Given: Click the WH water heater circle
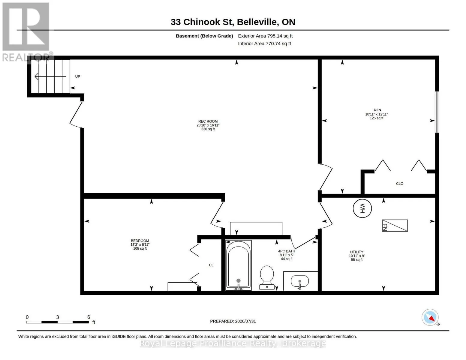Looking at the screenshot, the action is click(x=362, y=208).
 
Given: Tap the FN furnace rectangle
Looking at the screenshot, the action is click(x=395, y=225).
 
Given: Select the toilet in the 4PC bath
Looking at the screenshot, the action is click(x=267, y=278).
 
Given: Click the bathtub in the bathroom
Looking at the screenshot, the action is click(x=238, y=265).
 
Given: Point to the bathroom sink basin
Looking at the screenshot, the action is click(x=299, y=281).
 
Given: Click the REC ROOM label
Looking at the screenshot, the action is click(x=208, y=121).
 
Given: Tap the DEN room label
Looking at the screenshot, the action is click(x=377, y=110).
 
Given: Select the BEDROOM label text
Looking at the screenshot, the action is click(x=140, y=241).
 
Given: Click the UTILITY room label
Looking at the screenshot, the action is click(x=357, y=252).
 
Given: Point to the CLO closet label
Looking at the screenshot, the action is click(x=399, y=184).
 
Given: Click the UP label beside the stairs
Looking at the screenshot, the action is click(x=77, y=76).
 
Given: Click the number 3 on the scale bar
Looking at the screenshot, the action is click(x=58, y=317).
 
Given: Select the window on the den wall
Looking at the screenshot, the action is click(x=437, y=112).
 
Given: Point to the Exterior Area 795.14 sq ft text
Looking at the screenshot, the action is click(x=265, y=36).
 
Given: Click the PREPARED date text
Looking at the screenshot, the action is click(x=233, y=321).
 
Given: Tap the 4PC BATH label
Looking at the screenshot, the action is click(x=287, y=251).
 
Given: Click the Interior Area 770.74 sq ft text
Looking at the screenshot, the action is click(x=264, y=43).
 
